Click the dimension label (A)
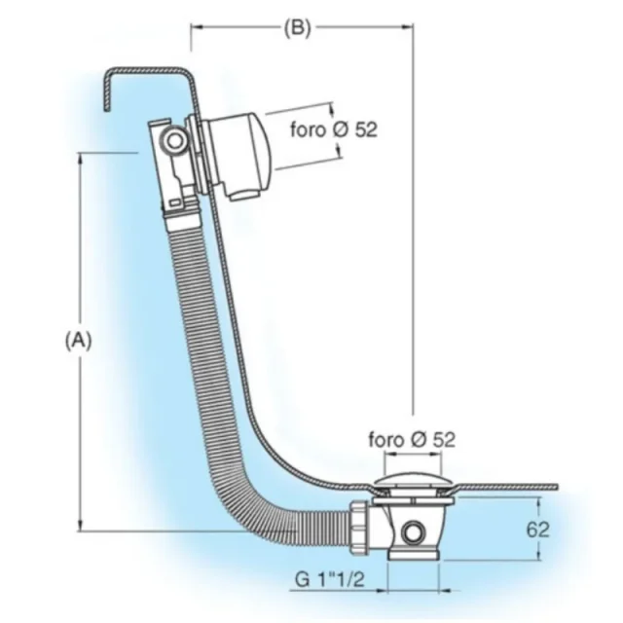[x=79, y=340]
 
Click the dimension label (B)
[x=297, y=28]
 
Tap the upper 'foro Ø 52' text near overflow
[x=334, y=129]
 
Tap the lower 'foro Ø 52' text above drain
[x=412, y=439]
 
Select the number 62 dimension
[x=536, y=530]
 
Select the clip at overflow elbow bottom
[x=176, y=203]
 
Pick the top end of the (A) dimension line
[x=84, y=153]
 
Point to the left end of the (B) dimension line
[x=191, y=28]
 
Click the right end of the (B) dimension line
[x=411, y=28]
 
